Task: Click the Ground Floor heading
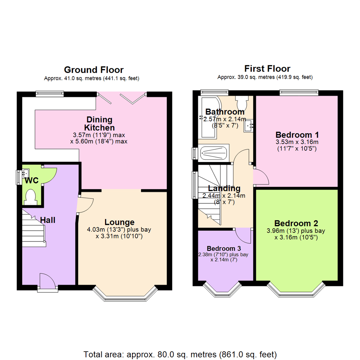[93, 70]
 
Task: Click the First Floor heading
[267, 69]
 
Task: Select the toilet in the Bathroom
[241, 102]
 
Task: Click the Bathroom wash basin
[249, 125]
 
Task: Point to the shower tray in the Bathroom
[214, 153]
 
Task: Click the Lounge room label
[120, 222]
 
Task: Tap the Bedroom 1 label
[297, 135]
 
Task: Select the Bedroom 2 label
[296, 223]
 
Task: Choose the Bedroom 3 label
[224, 248]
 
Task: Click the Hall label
[48, 220]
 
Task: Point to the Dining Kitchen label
[99, 123]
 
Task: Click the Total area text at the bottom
[180, 354]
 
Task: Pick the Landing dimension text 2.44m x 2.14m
[224, 196]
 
